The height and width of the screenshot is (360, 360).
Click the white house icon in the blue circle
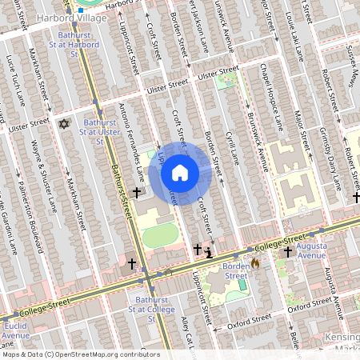180,173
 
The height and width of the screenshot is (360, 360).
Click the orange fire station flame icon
254,262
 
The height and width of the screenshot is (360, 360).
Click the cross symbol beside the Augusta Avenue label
286,252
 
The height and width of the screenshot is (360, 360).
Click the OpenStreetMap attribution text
80,354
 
